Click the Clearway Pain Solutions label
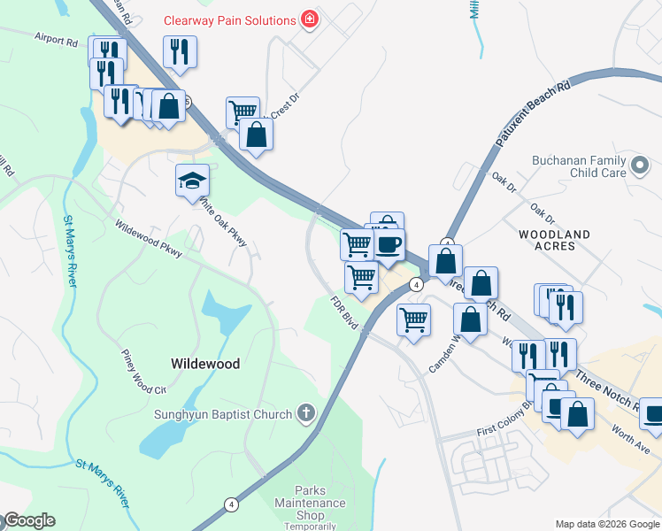pyautogui.click(x=229, y=20)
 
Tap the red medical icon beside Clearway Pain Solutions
pyautogui.click(x=309, y=19)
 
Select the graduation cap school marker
pyautogui.click(x=193, y=181)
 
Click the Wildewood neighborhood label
pyautogui.click(x=204, y=364)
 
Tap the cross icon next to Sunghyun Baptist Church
pyautogui.click(x=305, y=413)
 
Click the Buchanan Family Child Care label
pyautogui.click(x=578, y=166)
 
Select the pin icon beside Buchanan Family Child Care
pyautogui.click(x=639, y=165)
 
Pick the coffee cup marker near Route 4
pyautogui.click(x=389, y=245)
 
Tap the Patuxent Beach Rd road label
pyautogui.click(x=531, y=115)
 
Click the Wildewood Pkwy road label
pyautogui.click(x=148, y=239)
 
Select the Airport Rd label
pyautogui.click(x=57, y=41)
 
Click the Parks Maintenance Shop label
pyautogui.click(x=321, y=503)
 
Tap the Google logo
pyautogui.click(x=28, y=520)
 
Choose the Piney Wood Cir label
pyautogui.click(x=143, y=371)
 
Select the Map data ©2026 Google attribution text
pyautogui.click(x=606, y=523)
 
